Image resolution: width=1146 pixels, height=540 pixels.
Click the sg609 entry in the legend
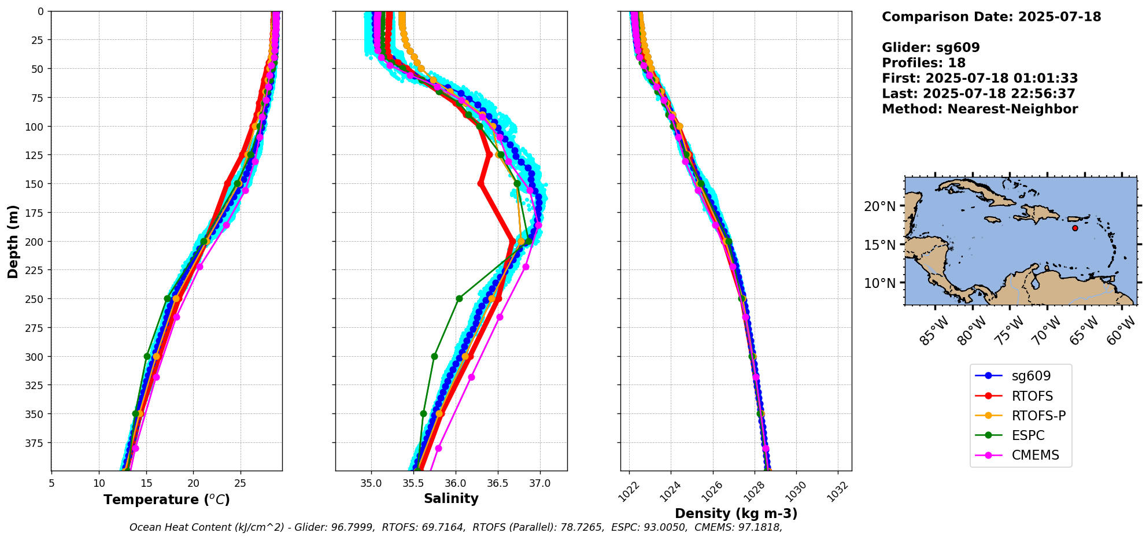click(1030, 376)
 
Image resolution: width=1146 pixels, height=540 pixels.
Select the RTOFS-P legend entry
click(1038, 416)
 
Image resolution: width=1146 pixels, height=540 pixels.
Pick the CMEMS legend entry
click(1035, 455)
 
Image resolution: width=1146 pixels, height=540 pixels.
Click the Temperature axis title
click(167, 500)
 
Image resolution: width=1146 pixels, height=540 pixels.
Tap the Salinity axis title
click(451, 499)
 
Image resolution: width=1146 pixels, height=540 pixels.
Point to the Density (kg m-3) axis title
click(736, 513)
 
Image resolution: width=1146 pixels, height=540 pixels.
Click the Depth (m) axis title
click(13, 241)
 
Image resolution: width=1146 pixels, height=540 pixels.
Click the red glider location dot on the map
click(1075, 228)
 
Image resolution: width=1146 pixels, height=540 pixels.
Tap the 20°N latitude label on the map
click(879, 206)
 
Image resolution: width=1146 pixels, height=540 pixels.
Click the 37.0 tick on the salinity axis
click(540, 483)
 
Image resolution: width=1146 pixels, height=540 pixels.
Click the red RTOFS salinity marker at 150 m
click(480, 184)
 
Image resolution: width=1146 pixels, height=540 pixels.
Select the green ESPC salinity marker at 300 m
click(434, 356)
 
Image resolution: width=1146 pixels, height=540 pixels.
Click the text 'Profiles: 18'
click(923, 63)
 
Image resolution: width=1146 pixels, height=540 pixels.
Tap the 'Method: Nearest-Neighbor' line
click(979, 109)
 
